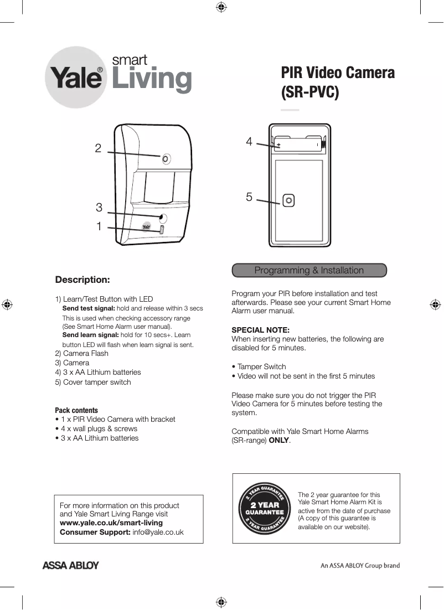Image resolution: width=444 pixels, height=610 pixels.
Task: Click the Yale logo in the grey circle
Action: (77, 78)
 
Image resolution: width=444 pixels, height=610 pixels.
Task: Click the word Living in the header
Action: (152, 79)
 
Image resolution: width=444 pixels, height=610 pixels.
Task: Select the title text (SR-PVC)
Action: (309, 92)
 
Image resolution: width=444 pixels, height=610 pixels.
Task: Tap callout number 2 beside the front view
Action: (98, 148)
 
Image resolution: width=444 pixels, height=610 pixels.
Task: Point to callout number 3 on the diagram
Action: (99, 208)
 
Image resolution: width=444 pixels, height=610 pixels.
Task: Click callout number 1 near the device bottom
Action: (99, 226)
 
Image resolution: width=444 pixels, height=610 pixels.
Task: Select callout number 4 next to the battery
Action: (249, 142)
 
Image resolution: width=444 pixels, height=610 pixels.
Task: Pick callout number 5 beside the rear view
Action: (249, 197)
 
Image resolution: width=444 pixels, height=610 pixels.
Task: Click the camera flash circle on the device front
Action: (166, 159)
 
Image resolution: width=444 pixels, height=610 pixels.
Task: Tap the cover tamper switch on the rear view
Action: (288, 200)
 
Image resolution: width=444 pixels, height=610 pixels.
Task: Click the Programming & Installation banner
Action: (309, 270)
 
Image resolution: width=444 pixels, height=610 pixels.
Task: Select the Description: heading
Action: (82, 279)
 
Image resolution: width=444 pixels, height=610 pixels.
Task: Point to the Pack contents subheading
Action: (76, 410)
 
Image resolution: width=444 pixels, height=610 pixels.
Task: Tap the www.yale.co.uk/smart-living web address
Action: (111, 523)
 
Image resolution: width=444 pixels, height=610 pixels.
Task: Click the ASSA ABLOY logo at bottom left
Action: (71, 566)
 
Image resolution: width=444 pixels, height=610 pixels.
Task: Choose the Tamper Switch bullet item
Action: (261, 366)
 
